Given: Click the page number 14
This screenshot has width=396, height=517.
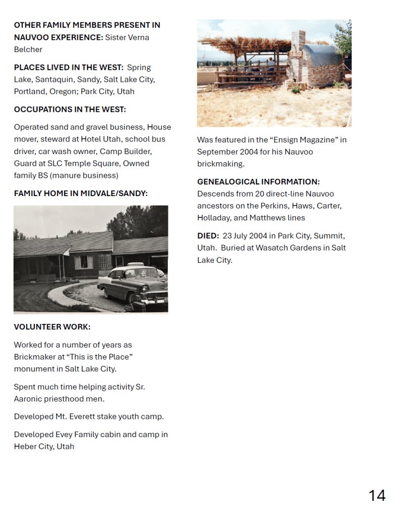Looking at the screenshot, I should tap(377, 496).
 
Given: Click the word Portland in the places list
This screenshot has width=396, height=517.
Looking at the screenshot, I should tap(29, 91).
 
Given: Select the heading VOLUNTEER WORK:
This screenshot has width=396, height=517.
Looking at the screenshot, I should tap(52, 327).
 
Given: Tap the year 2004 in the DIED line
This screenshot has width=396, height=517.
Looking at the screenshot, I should tap(257, 236).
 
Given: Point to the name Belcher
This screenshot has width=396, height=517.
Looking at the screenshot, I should tap(28, 50).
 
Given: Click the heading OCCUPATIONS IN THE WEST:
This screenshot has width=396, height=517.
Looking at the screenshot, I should tap(70, 109).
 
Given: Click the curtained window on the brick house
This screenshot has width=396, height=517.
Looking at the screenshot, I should tap(84, 261).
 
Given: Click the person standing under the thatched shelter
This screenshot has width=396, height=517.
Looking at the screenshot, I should tap(271, 65).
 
